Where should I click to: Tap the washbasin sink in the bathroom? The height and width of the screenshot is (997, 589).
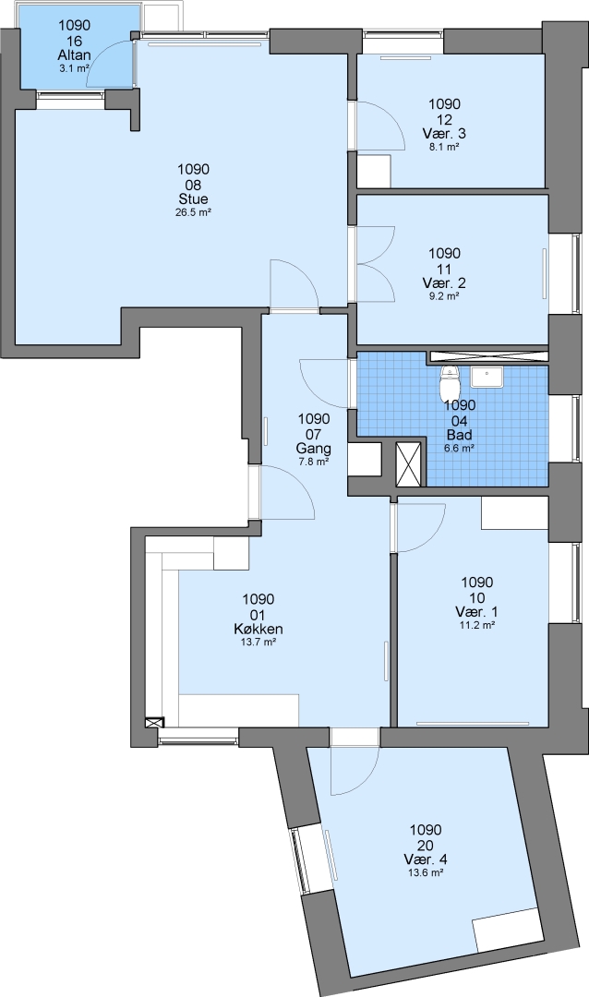coord(487,377)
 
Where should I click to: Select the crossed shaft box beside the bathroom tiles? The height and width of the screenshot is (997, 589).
coord(408,464)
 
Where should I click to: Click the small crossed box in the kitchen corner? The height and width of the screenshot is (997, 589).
coord(154,723)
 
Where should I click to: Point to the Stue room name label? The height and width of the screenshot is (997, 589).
coord(193,199)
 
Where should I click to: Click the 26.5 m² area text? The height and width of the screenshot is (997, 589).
coord(193,213)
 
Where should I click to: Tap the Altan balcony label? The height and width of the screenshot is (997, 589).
coord(75,55)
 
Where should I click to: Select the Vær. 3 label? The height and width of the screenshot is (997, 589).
coord(444,134)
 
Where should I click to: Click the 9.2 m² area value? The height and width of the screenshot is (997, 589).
coord(444,296)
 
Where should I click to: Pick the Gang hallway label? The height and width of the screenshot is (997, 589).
coord(314,449)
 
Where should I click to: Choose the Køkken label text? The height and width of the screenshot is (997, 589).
coord(258,629)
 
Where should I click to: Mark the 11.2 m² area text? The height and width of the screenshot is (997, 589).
coord(477,625)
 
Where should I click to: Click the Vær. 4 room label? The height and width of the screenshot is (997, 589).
coord(426,859)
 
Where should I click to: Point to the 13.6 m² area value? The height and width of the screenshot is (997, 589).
coord(426,873)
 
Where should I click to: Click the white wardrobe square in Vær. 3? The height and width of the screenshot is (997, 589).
coord(373,171)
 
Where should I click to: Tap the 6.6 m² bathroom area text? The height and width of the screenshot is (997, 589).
coord(459,449)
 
